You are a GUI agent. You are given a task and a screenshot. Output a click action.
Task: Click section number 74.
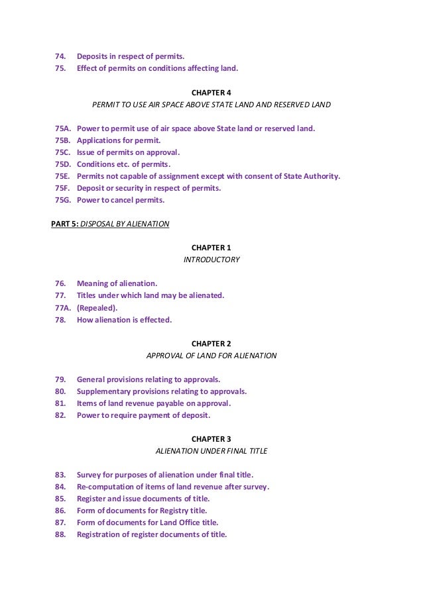pyautogui.click(x=59, y=56)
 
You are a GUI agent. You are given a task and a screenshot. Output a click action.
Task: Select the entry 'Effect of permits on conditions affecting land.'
pyautogui.click(x=157, y=68)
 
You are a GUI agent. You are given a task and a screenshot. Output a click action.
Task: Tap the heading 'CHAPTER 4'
pyautogui.click(x=211, y=93)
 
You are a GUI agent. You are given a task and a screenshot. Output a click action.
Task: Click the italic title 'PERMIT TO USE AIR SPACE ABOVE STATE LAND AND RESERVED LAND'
pyautogui.click(x=211, y=105)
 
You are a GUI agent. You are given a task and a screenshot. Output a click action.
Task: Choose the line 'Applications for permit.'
pyautogui.click(x=119, y=140)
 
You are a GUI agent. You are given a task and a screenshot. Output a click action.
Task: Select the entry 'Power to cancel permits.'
pyautogui.click(x=121, y=200)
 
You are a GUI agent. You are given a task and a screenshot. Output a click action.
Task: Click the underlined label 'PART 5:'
pyautogui.click(x=65, y=224)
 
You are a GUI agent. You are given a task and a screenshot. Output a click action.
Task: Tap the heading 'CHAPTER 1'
pyautogui.click(x=211, y=248)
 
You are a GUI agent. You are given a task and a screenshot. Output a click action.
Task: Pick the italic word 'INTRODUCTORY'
pyautogui.click(x=211, y=260)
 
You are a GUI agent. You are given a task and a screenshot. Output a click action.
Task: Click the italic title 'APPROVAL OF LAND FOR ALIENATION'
pyautogui.click(x=211, y=356)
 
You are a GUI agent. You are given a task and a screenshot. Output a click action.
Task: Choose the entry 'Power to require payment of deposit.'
pyautogui.click(x=143, y=415)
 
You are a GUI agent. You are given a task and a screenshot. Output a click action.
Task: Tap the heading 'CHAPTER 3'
pyautogui.click(x=211, y=439)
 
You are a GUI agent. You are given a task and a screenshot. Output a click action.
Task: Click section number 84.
pyautogui.click(x=59, y=487)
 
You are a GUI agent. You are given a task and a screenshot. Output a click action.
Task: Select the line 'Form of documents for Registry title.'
pyautogui.click(x=142, y=511)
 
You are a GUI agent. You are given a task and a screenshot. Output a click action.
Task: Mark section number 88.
pyautogui.click(x=59, y=534)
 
